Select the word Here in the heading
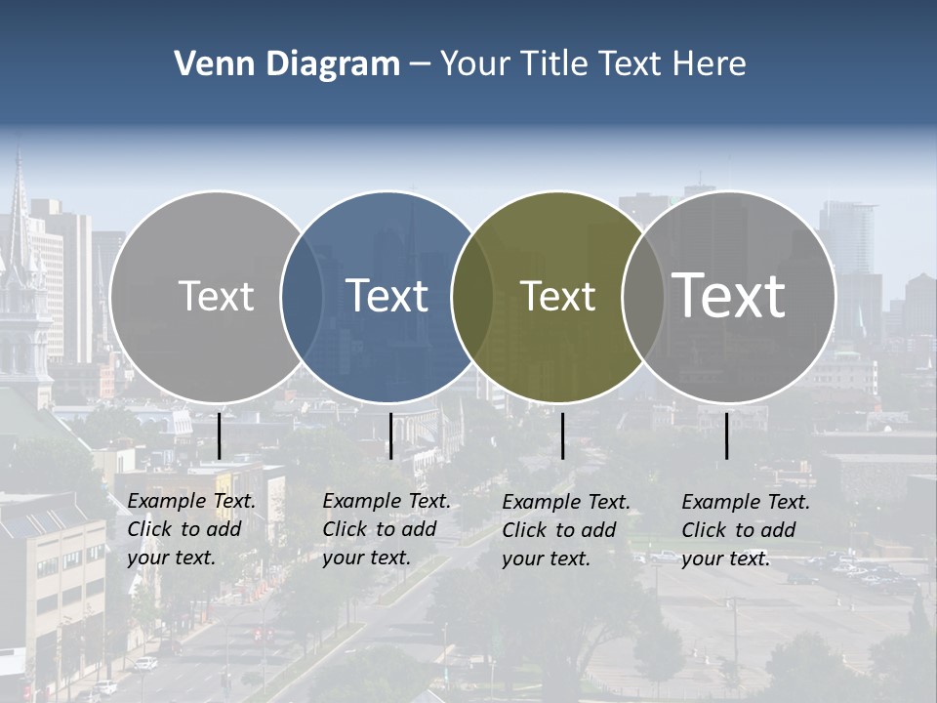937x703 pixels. [710, 64]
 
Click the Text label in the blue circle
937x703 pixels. [387, 296]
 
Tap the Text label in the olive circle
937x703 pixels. [557, 296]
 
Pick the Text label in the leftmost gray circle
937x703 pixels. [216, 296]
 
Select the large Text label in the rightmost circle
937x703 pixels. [729, 295]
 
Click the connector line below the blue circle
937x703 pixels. [390, 435]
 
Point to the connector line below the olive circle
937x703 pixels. [562, 435]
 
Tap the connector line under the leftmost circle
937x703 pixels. [219, 435]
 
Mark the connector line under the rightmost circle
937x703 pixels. [727, 435]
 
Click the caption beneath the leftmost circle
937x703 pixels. [191, 529]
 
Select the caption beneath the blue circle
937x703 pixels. [387, 529]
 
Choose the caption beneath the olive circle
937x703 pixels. [566, 530]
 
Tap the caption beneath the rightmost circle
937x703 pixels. [746, 530]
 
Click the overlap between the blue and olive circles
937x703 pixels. [472, 296]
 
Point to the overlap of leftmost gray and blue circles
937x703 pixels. [302, 296]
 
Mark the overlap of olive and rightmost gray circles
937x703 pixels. [643, 296]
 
